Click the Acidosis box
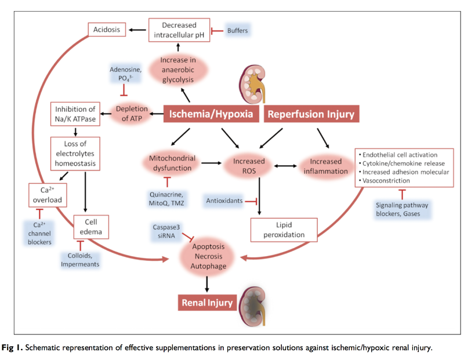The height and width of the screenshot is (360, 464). pos(107,30)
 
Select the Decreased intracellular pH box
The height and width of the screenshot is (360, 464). pos(179,30)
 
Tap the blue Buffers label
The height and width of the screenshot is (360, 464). pos(238,31)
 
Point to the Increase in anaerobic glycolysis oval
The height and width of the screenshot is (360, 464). pos(178,70)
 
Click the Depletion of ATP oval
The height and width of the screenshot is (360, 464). pos(132,114)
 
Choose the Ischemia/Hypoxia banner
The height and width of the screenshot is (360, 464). pos(211,114)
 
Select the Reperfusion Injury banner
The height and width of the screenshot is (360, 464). pos(311,114)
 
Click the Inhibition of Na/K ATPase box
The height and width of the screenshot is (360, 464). pos(75,114)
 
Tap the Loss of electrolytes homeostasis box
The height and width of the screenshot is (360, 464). pos(75,154)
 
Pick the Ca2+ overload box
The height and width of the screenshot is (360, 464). pos(48,195)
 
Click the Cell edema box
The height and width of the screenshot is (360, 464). pos(91,227)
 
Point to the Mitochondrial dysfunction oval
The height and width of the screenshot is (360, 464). pos(172,163)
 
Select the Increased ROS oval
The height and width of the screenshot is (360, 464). pos(249,166)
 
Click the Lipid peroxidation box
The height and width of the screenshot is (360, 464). pos(284,230)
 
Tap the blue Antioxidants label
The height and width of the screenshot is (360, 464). pos(224,201)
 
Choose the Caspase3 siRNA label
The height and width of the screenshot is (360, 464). pos(166,231)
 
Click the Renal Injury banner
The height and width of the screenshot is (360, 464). pos(207,303)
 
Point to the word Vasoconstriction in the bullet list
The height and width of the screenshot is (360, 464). pos(386,181)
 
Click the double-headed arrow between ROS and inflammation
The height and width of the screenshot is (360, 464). pos(285,166)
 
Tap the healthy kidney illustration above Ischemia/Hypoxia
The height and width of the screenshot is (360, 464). pos(252,84)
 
